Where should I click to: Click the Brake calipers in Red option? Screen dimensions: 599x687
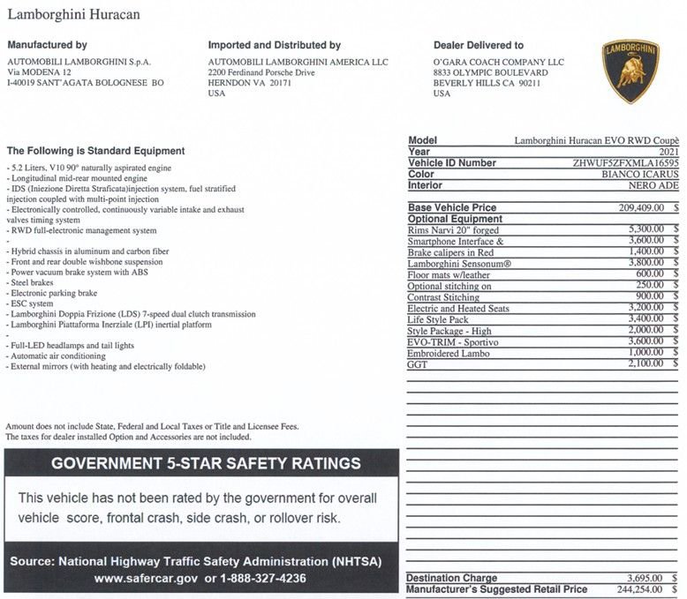450,252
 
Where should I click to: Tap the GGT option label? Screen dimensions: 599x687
418,364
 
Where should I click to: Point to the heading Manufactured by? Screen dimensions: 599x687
47,45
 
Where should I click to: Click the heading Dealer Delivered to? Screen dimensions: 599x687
478,45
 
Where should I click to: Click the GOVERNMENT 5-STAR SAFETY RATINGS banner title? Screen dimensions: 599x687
206,463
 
